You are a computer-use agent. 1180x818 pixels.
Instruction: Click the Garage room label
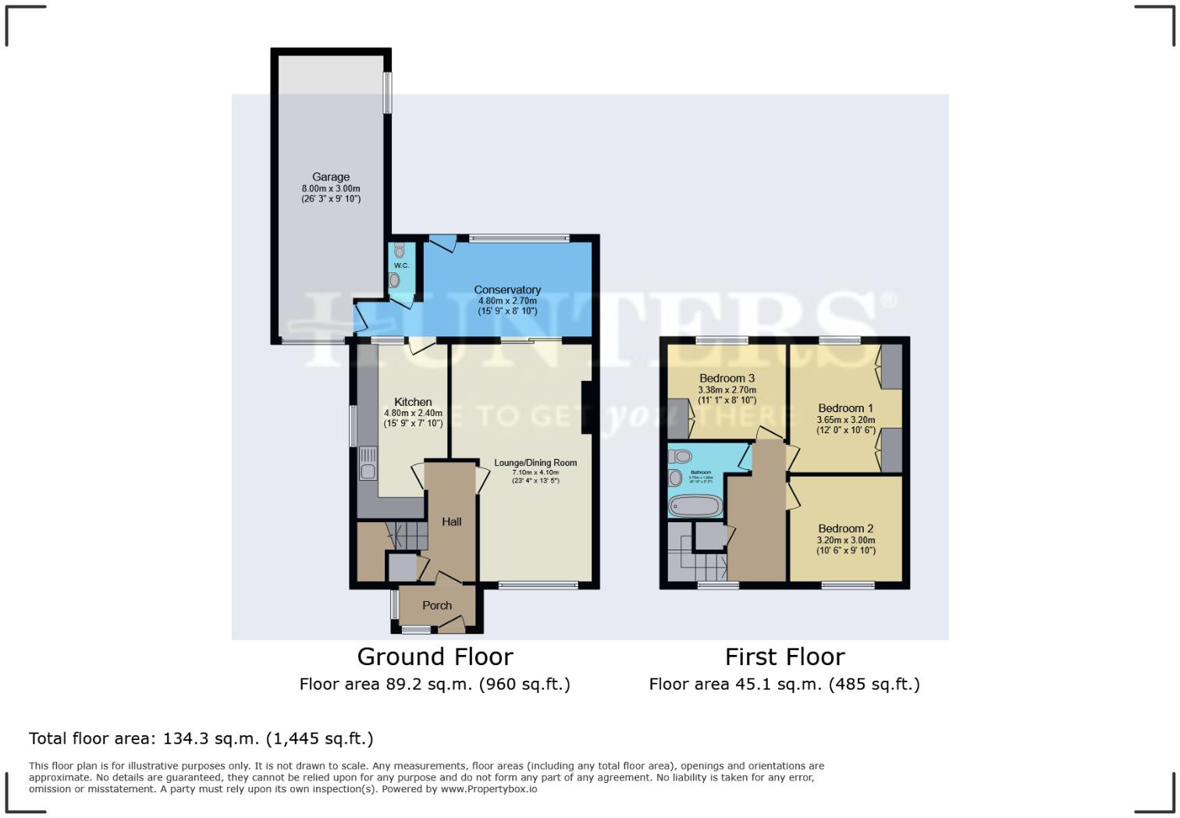click(331, 177)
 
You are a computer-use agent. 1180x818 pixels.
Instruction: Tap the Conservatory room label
click(507, 290)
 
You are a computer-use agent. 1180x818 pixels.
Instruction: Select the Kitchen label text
click(413, 402)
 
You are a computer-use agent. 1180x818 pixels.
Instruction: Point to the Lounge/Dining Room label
click(535, 463)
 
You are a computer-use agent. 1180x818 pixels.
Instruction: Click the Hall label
click(452, 521)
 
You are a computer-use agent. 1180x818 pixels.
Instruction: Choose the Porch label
click(437, 606)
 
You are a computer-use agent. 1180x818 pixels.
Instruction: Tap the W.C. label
click(401, 265)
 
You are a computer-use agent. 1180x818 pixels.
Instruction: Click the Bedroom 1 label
click(845, 408)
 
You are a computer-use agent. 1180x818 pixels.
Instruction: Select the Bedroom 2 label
click(845, 528)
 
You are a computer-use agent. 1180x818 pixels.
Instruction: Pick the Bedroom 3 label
click(727, 379)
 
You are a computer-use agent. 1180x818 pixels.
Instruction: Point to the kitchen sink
click(367, 464)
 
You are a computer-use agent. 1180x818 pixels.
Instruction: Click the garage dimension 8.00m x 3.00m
click(331, 189)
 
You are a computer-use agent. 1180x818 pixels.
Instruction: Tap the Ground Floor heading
click(435, 656)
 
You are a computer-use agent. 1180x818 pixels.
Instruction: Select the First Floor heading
click(784, 656)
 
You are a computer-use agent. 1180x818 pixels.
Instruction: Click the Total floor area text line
click(201, 738)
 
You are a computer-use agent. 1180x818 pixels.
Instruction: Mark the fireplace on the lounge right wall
click(587, 407)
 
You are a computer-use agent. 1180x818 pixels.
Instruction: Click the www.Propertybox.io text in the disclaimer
click(489, 789)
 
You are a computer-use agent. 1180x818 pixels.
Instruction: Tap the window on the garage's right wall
click(387, 93)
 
